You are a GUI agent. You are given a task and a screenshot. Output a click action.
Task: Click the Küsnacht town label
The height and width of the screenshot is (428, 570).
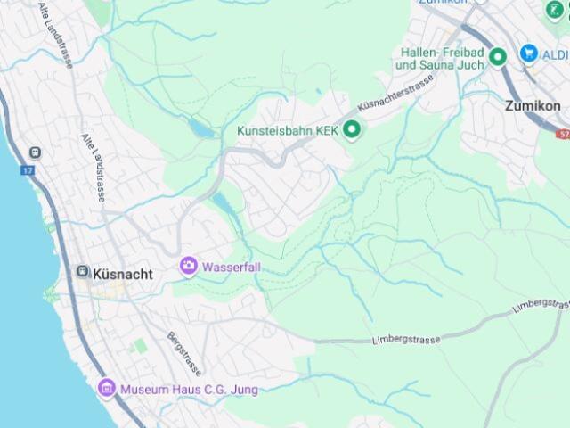tap(123, 275)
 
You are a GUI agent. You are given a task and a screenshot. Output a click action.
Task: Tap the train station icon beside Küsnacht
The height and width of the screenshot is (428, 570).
tap(82, 271)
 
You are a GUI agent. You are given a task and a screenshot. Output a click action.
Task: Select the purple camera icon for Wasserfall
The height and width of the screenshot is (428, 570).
tap(188, 266)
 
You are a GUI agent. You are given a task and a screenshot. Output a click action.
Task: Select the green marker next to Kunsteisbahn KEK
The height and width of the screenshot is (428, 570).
tap(353, 131)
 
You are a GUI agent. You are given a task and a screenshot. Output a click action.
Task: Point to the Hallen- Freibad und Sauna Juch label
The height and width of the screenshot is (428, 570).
tap(441, 59)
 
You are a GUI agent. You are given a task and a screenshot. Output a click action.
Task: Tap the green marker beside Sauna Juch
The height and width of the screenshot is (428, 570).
tap(498, 56)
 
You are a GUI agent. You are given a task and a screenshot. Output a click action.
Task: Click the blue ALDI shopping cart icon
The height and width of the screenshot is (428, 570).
tap(529, 54)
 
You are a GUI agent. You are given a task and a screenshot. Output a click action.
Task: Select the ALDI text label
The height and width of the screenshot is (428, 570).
tap(555, 54)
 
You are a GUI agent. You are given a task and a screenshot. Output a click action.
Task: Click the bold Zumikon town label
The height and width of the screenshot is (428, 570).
tap(532, 105)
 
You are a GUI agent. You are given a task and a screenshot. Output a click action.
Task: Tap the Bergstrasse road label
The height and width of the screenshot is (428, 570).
tap(184, 354)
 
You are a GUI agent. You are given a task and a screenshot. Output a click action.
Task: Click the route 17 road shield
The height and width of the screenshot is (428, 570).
tap(28, 169)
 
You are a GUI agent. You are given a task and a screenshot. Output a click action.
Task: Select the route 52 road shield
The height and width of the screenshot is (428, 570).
tap(563, 134)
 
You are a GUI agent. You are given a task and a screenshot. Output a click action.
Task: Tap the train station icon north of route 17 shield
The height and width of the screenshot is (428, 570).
tap(35, 152)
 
